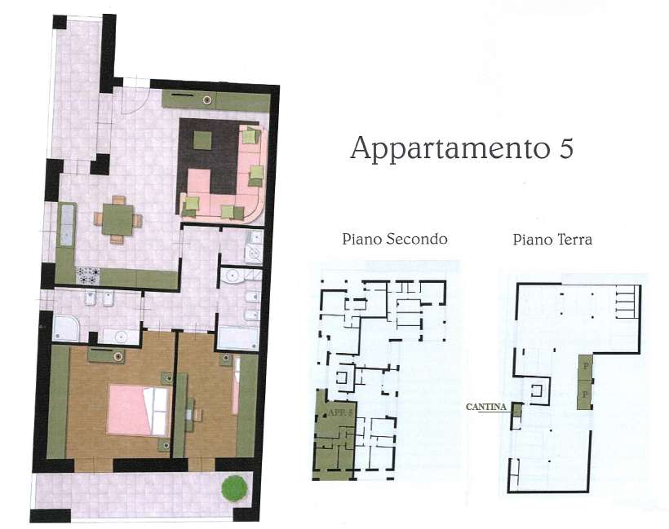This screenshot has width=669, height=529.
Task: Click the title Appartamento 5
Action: click(462, 148)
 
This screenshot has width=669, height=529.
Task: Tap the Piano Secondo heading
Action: click(395, 239)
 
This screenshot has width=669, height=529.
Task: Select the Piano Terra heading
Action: click(552, 240)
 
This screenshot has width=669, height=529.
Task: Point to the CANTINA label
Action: click(486, 407)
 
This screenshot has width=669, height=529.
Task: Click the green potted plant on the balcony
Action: click(235, 488)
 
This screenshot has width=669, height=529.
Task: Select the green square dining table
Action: click(117, 219)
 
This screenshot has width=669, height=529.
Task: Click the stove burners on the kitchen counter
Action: click(88, 276)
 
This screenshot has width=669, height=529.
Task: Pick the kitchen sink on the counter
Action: click(66, 225)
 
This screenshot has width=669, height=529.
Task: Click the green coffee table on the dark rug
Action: click(202, 140)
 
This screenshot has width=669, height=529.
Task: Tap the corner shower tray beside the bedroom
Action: click(66, 328)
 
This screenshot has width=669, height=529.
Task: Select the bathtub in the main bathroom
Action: click(238, 338)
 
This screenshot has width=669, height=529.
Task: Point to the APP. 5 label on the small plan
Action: click(339, 412)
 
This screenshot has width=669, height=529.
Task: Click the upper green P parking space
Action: click(585, 366)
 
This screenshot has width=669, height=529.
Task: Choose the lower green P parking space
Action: click(585, 395)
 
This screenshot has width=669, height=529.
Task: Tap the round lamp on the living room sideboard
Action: click(207, 100)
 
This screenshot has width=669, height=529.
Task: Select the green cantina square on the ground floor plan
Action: click(517, 411)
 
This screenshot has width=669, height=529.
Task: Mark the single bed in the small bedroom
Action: click(236, 386)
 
